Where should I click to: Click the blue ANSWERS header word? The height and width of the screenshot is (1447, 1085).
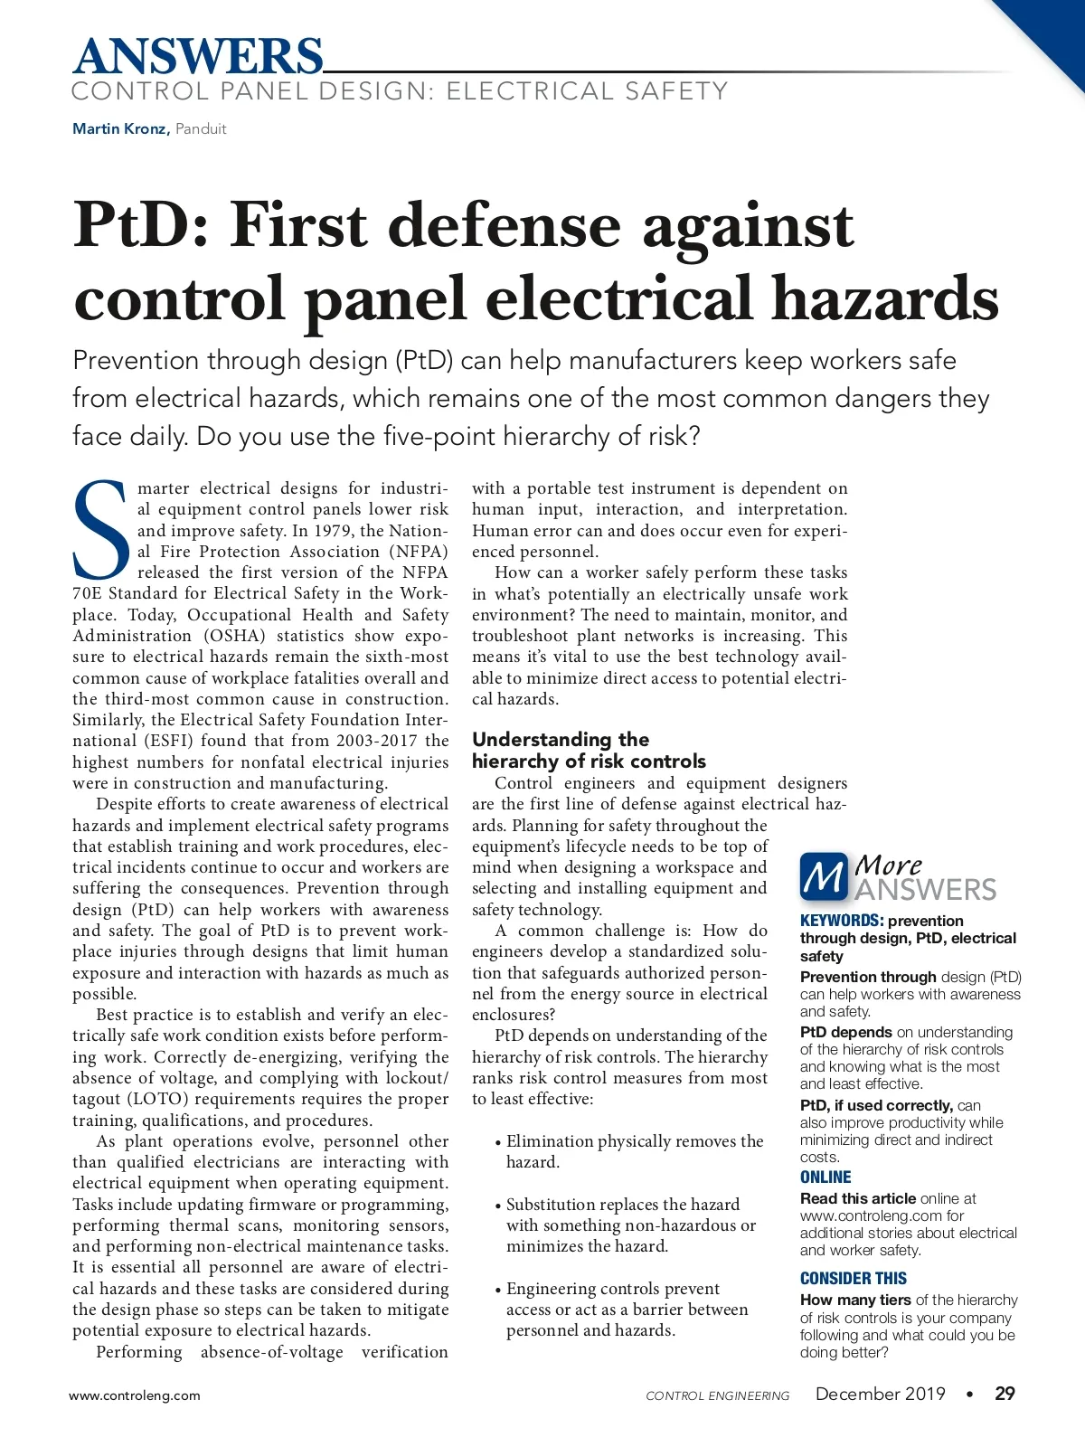[x=197, y=56]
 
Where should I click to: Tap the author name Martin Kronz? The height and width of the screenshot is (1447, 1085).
[x=119, y=128]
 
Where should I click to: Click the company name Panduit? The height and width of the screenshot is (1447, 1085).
[x=201, y=128]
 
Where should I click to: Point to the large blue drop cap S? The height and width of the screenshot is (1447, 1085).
[x=101, y=530]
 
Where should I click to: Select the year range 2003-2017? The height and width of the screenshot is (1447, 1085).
[x=377, y=741]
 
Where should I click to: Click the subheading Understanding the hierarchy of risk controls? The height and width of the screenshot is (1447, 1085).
[x=589, y=751]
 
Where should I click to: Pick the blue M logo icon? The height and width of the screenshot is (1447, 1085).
[x=824, y=877]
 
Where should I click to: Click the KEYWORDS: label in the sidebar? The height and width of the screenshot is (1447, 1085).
[x=841, y=921]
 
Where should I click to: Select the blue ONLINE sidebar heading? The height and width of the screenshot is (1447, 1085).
[x=826, y=1177]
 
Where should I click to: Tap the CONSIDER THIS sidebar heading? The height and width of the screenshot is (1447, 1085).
[x=853, y=1278]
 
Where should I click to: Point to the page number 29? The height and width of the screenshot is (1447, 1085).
[x=1005, y=1394]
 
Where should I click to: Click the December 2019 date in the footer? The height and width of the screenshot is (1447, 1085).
[x=880, y=1394]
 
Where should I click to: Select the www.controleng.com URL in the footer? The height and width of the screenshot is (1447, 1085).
[x=135, y=1395]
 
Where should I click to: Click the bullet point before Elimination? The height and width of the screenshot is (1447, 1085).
[x=498, y=1142]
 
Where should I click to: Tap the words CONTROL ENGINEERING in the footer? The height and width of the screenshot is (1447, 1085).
[x=717, y=1395]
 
